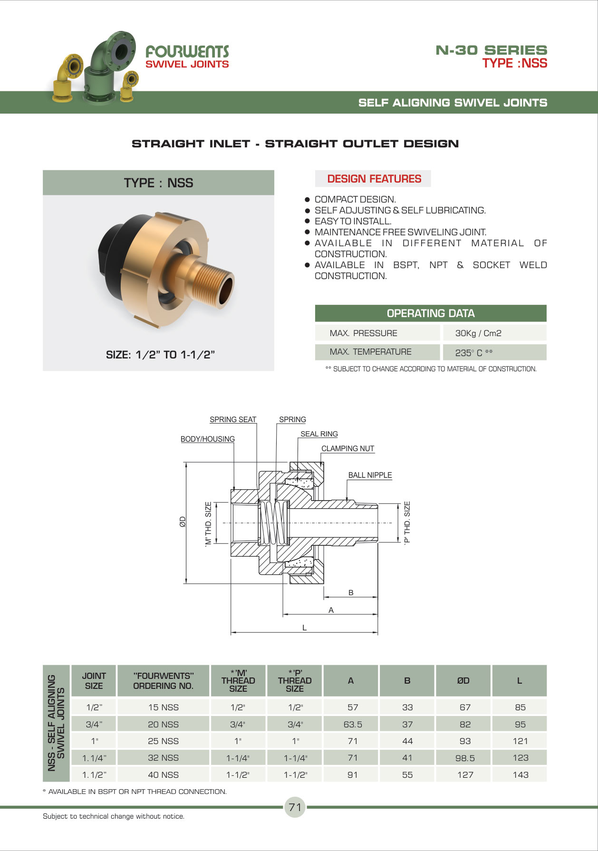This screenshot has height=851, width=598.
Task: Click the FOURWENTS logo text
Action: click(187, 51)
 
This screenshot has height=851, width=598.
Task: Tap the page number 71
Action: click(295, 807)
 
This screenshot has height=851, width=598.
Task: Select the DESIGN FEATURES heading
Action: click(374, 179)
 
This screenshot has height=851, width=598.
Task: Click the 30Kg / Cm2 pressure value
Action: click(478, 333)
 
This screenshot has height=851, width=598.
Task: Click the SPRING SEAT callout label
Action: click(233, 419)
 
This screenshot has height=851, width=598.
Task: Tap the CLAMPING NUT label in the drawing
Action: click(347, 448)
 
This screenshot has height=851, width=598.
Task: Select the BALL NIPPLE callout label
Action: click(370, 475)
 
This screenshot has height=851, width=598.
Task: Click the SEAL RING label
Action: click(319, 434)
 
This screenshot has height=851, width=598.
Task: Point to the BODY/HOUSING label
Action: click(208, 439)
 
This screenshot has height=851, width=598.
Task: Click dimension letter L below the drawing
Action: click(305, 628)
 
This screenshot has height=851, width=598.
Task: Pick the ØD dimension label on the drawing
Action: click(183, 522)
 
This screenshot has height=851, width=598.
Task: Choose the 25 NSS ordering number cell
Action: click(163, 741)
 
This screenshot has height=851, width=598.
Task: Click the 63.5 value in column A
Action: click(353, 725)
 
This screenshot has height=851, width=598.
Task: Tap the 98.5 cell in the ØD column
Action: click(465, 758)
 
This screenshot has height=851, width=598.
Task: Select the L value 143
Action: click(521, 775)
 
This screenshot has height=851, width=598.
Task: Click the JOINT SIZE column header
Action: click(94, 681)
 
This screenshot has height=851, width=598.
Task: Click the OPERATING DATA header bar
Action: click(431, 313)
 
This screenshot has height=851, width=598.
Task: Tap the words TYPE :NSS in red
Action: click(515, 63)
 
